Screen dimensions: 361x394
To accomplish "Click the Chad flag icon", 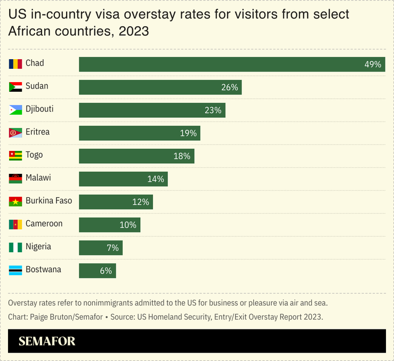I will (15, 64).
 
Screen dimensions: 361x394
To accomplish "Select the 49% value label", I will (373, 65).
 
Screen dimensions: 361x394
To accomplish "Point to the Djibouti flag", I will (15, 110).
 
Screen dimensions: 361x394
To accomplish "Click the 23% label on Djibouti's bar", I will (213, 110).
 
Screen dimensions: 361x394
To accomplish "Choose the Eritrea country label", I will (37, 132).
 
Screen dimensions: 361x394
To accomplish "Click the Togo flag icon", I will (15, 156).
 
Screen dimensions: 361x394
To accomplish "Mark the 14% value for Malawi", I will (156, 179).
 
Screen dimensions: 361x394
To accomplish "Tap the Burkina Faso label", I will (49, 200).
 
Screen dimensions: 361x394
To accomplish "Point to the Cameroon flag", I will (15, 224).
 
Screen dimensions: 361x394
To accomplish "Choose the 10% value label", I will (128, 225).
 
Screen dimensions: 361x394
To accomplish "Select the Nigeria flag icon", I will (15, 247).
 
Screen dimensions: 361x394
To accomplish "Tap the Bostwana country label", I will (43, 269).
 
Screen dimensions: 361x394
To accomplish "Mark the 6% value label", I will (106, 271).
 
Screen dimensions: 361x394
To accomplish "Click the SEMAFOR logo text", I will (47, 341).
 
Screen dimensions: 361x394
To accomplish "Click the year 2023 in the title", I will (134, 31).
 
